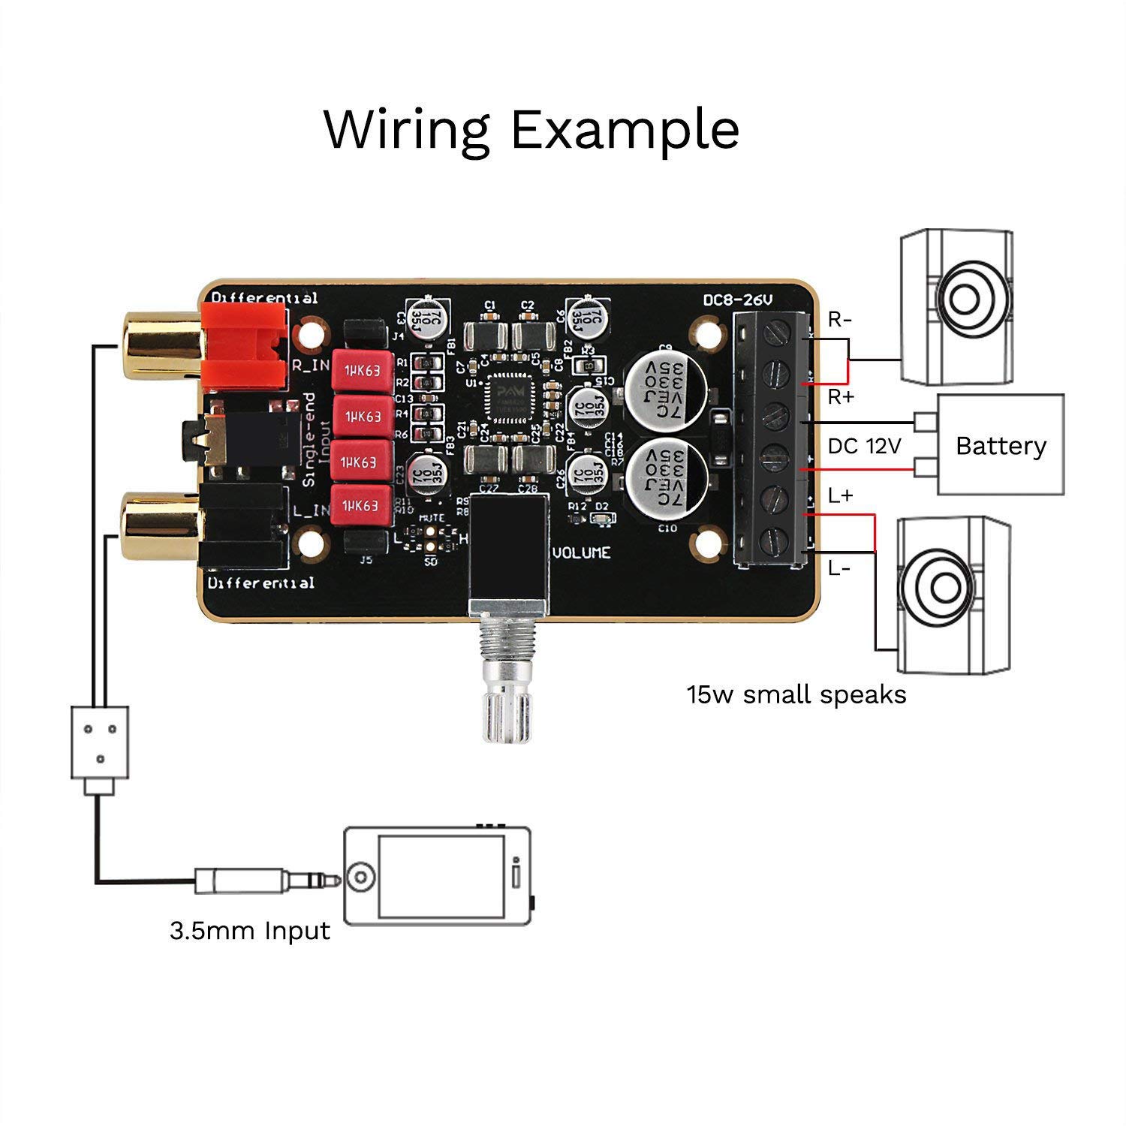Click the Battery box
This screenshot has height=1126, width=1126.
click(x=1001, y=445)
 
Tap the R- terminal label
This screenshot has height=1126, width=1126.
click(x=840, y=320)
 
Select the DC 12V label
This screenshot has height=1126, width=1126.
click(x=863, y=446)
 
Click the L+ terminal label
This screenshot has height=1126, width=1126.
click(x=841, y=495)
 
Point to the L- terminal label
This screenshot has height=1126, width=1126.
click(x=839, y=568)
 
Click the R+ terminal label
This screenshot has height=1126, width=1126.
click(x=841, y=397)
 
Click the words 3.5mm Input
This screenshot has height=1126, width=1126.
click(x=250, y=931)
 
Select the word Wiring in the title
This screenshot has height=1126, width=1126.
click(x=407, y=130)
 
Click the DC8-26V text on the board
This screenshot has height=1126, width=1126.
click(x=737, y=300)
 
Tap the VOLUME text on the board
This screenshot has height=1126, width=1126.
click(x=582, y=552)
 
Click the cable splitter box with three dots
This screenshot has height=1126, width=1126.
click(x=99, y=742)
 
